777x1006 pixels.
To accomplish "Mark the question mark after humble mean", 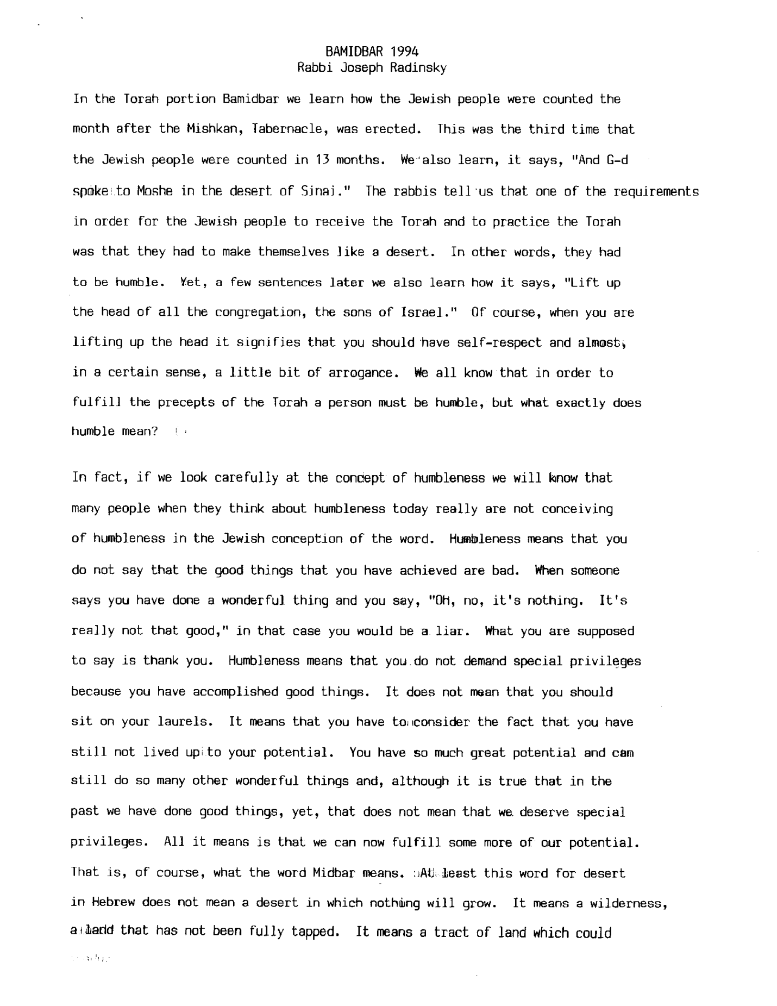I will pyautogui.click(x=155, y=432).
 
